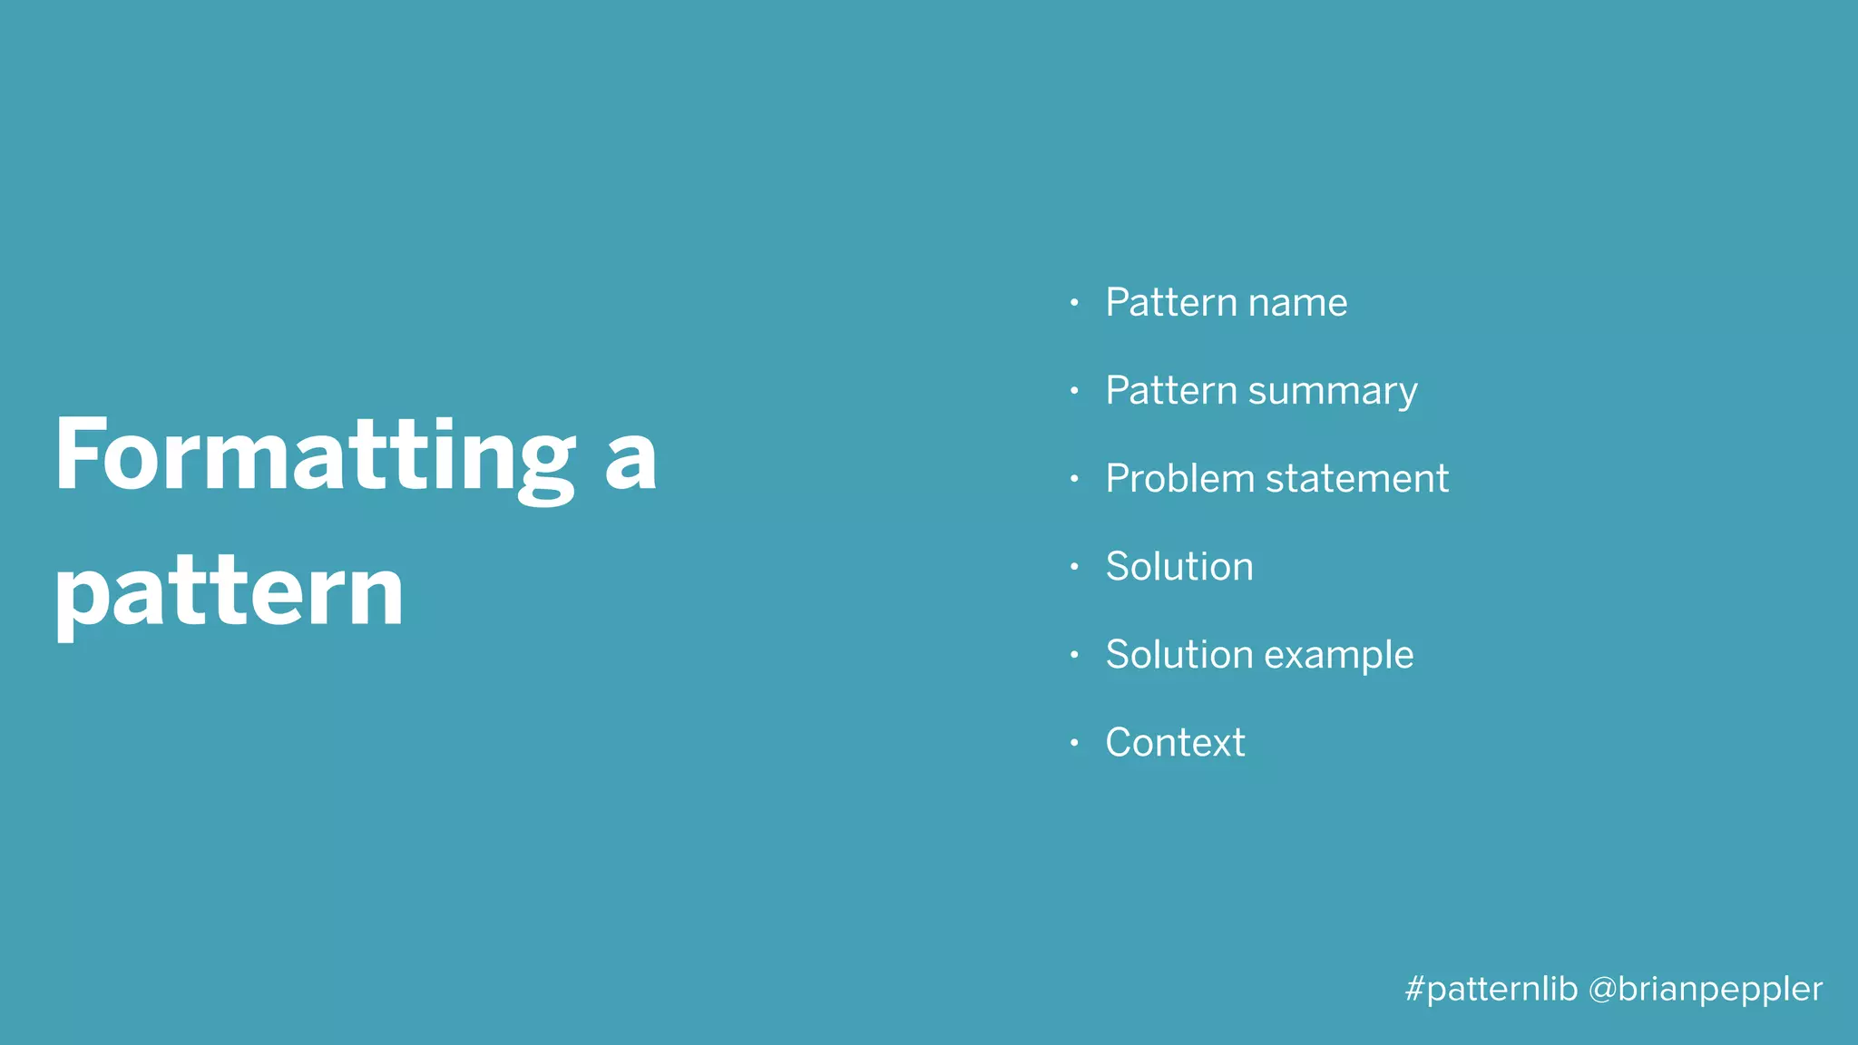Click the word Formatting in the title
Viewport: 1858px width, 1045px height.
click(x=314, y=456)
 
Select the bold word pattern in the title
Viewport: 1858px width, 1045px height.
click(x=229, y=594)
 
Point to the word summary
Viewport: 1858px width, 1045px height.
click(x=1332, y=392)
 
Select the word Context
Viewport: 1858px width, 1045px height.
click(x=1175, y=743)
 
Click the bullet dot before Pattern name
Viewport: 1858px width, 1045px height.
click(x=1074, y=303)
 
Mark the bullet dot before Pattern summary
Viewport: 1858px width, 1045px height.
click(x=1074, y=391)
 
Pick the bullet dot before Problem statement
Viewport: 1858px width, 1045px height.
click(x=1074, y=479)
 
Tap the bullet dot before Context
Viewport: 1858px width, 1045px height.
click(x=1074, y=743)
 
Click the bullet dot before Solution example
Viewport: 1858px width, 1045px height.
click(x=1074, y=655)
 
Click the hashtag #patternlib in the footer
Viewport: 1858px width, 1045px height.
click(x=1491, y=989)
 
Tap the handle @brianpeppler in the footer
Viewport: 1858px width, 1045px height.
click(x=1706, y=989)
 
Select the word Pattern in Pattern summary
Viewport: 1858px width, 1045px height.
click(x=1171, y=391)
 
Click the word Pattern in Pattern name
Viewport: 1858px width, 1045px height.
click(x=1171, y=303)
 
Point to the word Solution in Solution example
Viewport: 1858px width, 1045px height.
click(x=1179, y=655)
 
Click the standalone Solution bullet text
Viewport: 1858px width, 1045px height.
click(x=1179, y=567)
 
